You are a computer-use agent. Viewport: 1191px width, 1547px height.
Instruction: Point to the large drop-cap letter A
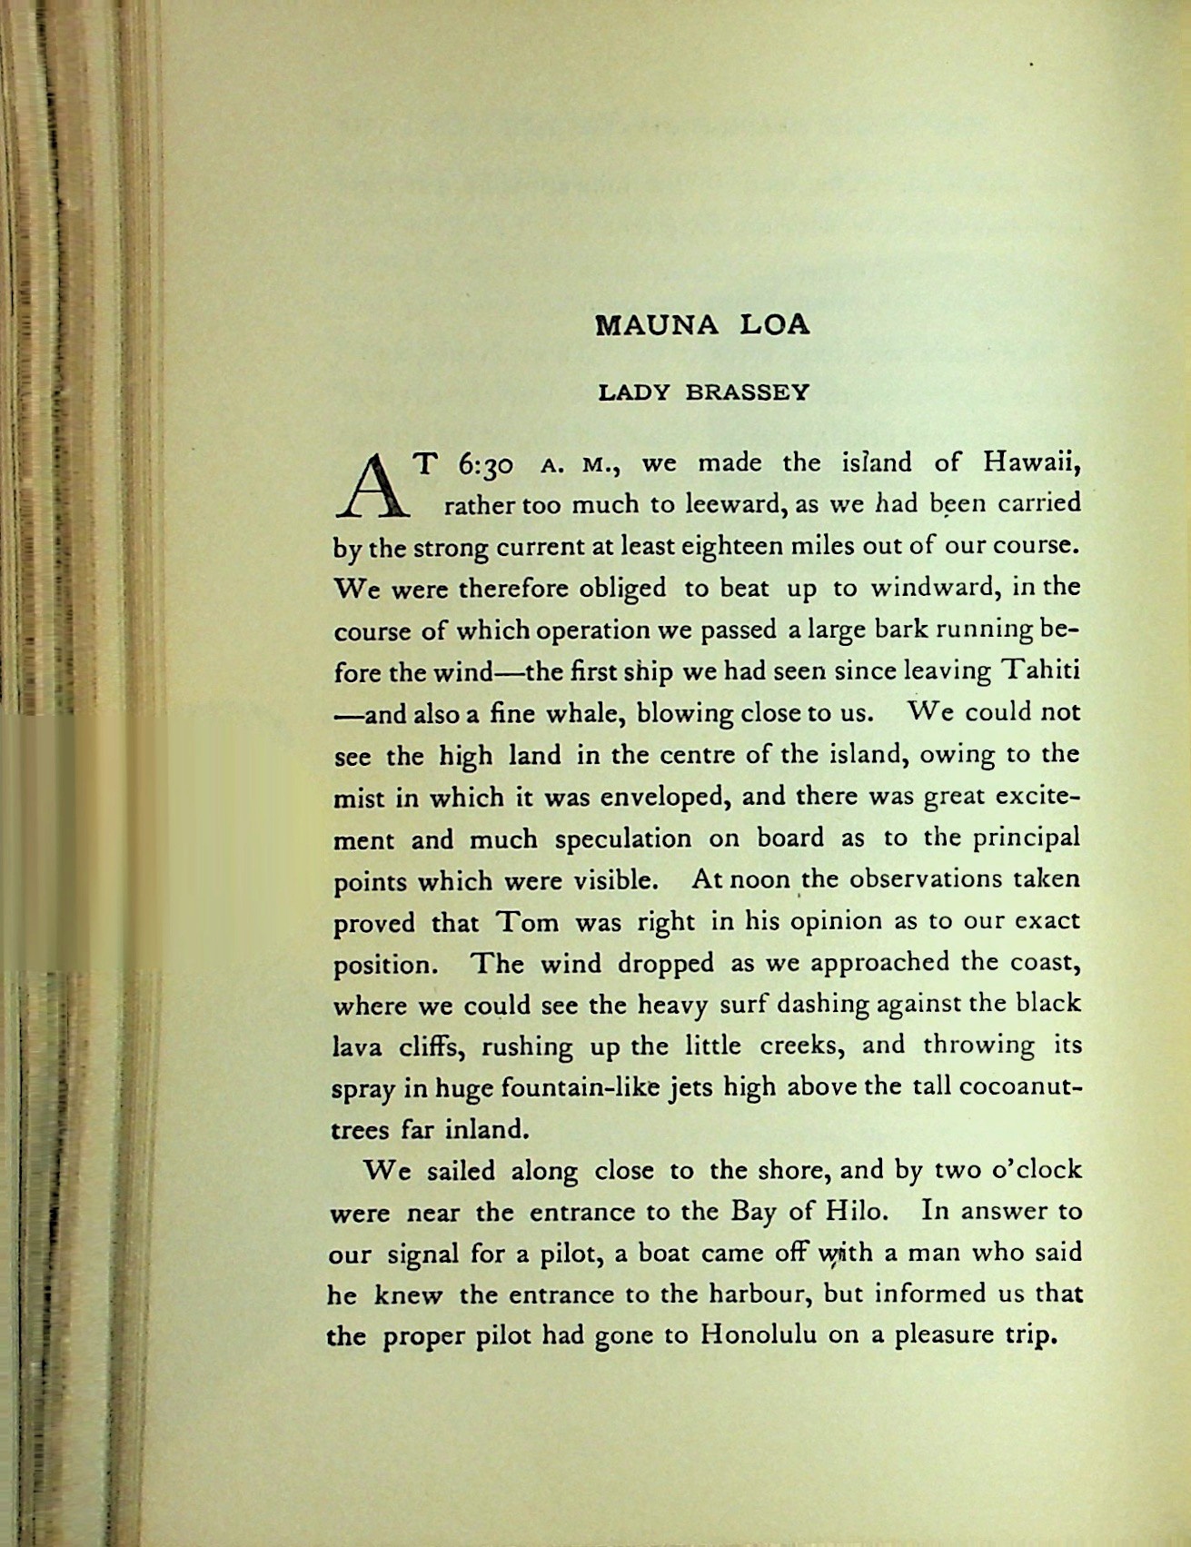pos(370,484)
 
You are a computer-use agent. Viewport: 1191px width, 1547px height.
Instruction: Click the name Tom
pos(526,922)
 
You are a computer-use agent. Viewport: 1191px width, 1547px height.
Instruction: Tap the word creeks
pos(799,1046)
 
